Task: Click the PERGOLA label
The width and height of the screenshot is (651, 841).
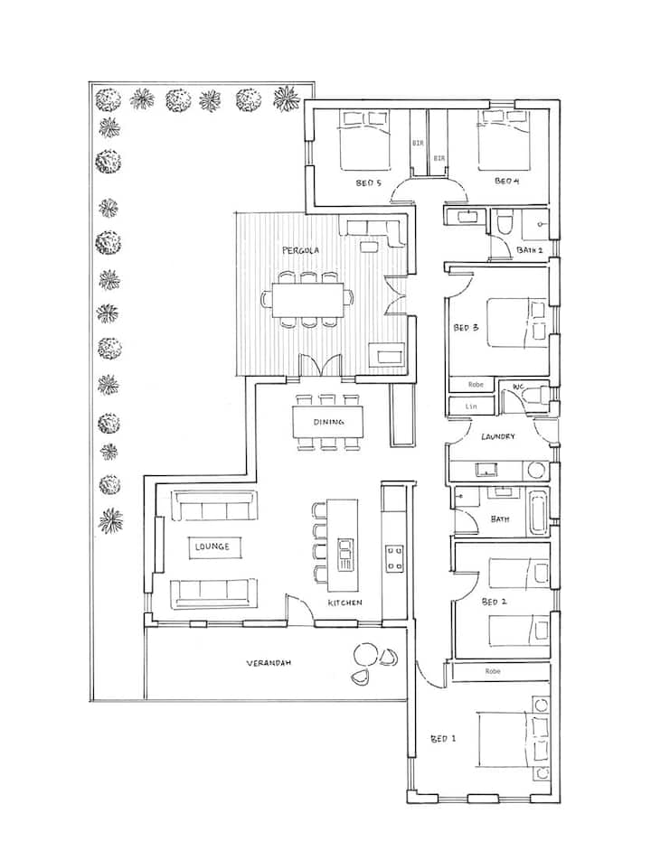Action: [300, 250]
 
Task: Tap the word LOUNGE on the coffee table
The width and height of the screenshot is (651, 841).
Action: [212, 547]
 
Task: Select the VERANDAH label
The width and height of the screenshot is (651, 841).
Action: [269, 663]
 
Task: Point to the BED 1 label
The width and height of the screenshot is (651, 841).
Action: [443, 739]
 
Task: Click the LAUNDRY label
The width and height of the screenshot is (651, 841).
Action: [498, 436]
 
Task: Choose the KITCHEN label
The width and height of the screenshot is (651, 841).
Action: [345, 603]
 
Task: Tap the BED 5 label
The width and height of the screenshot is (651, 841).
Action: [368, 182]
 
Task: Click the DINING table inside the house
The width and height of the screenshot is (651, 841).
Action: [327, 422]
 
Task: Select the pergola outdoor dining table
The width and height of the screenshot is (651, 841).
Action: [307, 299]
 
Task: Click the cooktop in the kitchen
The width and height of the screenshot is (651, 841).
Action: [394, 558]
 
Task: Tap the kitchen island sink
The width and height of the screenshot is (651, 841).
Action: [344, 555]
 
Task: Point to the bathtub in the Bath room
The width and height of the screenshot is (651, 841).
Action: [538, 511]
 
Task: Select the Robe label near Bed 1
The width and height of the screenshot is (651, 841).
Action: [492, 671]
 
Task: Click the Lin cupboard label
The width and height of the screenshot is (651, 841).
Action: [471, 406]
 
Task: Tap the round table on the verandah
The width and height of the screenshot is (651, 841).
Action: [366, 655]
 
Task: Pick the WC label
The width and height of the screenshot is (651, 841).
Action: [518, 387]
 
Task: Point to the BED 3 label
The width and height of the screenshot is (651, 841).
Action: [466, 327]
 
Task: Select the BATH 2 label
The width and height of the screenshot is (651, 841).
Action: [530, 250]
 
